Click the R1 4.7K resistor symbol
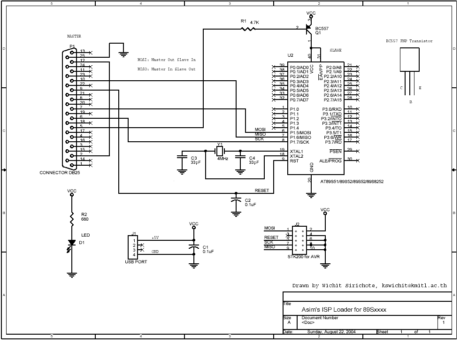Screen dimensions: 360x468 click(x=247, y=29)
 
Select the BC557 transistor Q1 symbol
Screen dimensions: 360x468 click(x=309, y=29)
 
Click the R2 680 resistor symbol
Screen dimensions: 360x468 click(x=72, y=217)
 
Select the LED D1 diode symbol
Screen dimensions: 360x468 click(x=72, y=243)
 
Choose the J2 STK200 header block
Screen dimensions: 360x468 click(x=299, y=238)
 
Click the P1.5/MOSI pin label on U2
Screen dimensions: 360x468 click(x=300, y=132)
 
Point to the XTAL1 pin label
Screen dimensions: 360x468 click(x=297, y=151)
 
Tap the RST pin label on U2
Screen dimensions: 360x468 click(x=294, y=161)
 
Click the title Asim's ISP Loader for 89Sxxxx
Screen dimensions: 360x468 click(x=344, y=310)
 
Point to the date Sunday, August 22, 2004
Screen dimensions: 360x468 click(x=331, y=332)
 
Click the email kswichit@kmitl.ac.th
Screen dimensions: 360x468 click(x=414, y=285)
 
